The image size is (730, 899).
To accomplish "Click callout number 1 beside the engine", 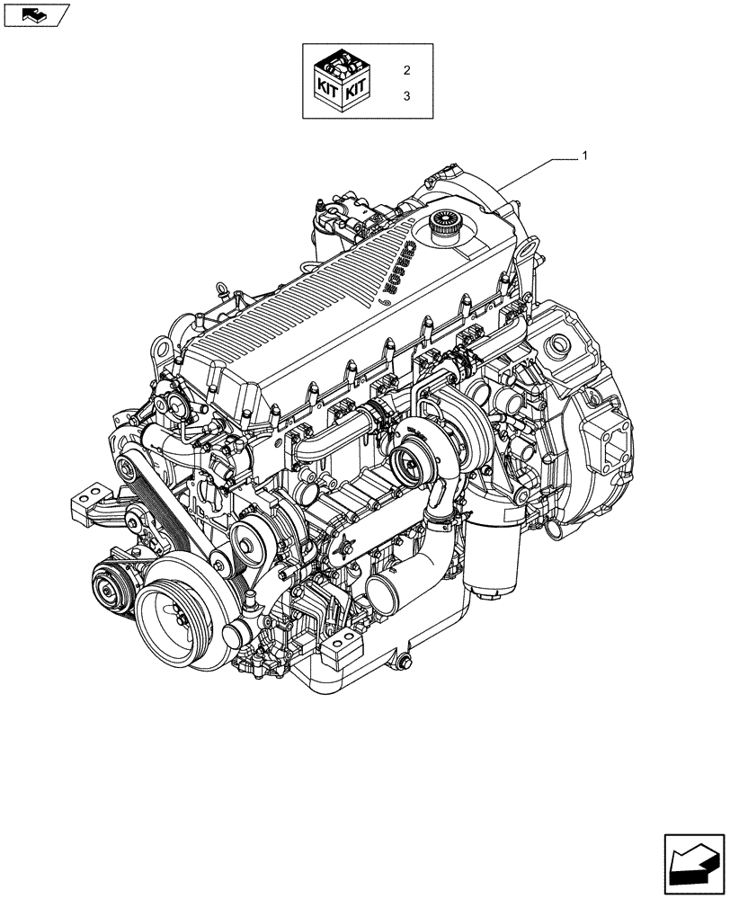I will (x=584, y=156).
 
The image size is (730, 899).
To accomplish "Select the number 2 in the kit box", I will (x=406, y=69).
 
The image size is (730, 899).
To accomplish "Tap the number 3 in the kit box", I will (x=406, y=95).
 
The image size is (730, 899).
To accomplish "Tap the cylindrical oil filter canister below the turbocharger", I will (x=493, y=557).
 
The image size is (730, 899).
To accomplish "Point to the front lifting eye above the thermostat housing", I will (x=163, y=347).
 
